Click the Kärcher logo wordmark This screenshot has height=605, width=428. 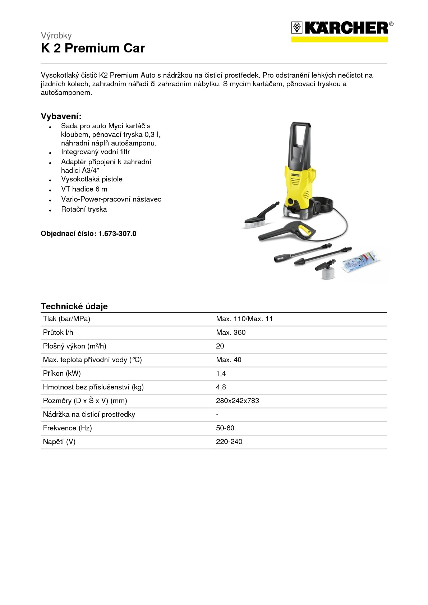point(346,28)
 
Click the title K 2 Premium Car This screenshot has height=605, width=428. point(93,48)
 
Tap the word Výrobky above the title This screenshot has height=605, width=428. point(56,36)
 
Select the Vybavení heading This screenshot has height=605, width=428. point(61,116)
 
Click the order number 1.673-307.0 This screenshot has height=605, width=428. point(117,234)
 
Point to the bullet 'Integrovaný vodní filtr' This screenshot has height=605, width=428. point(95,152)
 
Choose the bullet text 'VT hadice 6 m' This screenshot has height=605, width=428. point(84,189)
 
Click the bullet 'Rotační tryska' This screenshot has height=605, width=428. point(84,209)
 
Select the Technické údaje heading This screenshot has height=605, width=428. point(74,306)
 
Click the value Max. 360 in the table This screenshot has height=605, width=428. point(231,333)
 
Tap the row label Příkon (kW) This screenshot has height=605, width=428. point(62,374)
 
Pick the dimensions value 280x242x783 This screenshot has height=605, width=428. point(237,401)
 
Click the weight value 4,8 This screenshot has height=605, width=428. point(221,387)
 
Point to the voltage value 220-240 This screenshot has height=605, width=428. point(229,442)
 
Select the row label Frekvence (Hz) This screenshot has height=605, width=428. point(67,428)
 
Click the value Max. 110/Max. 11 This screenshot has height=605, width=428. point(244,319)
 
